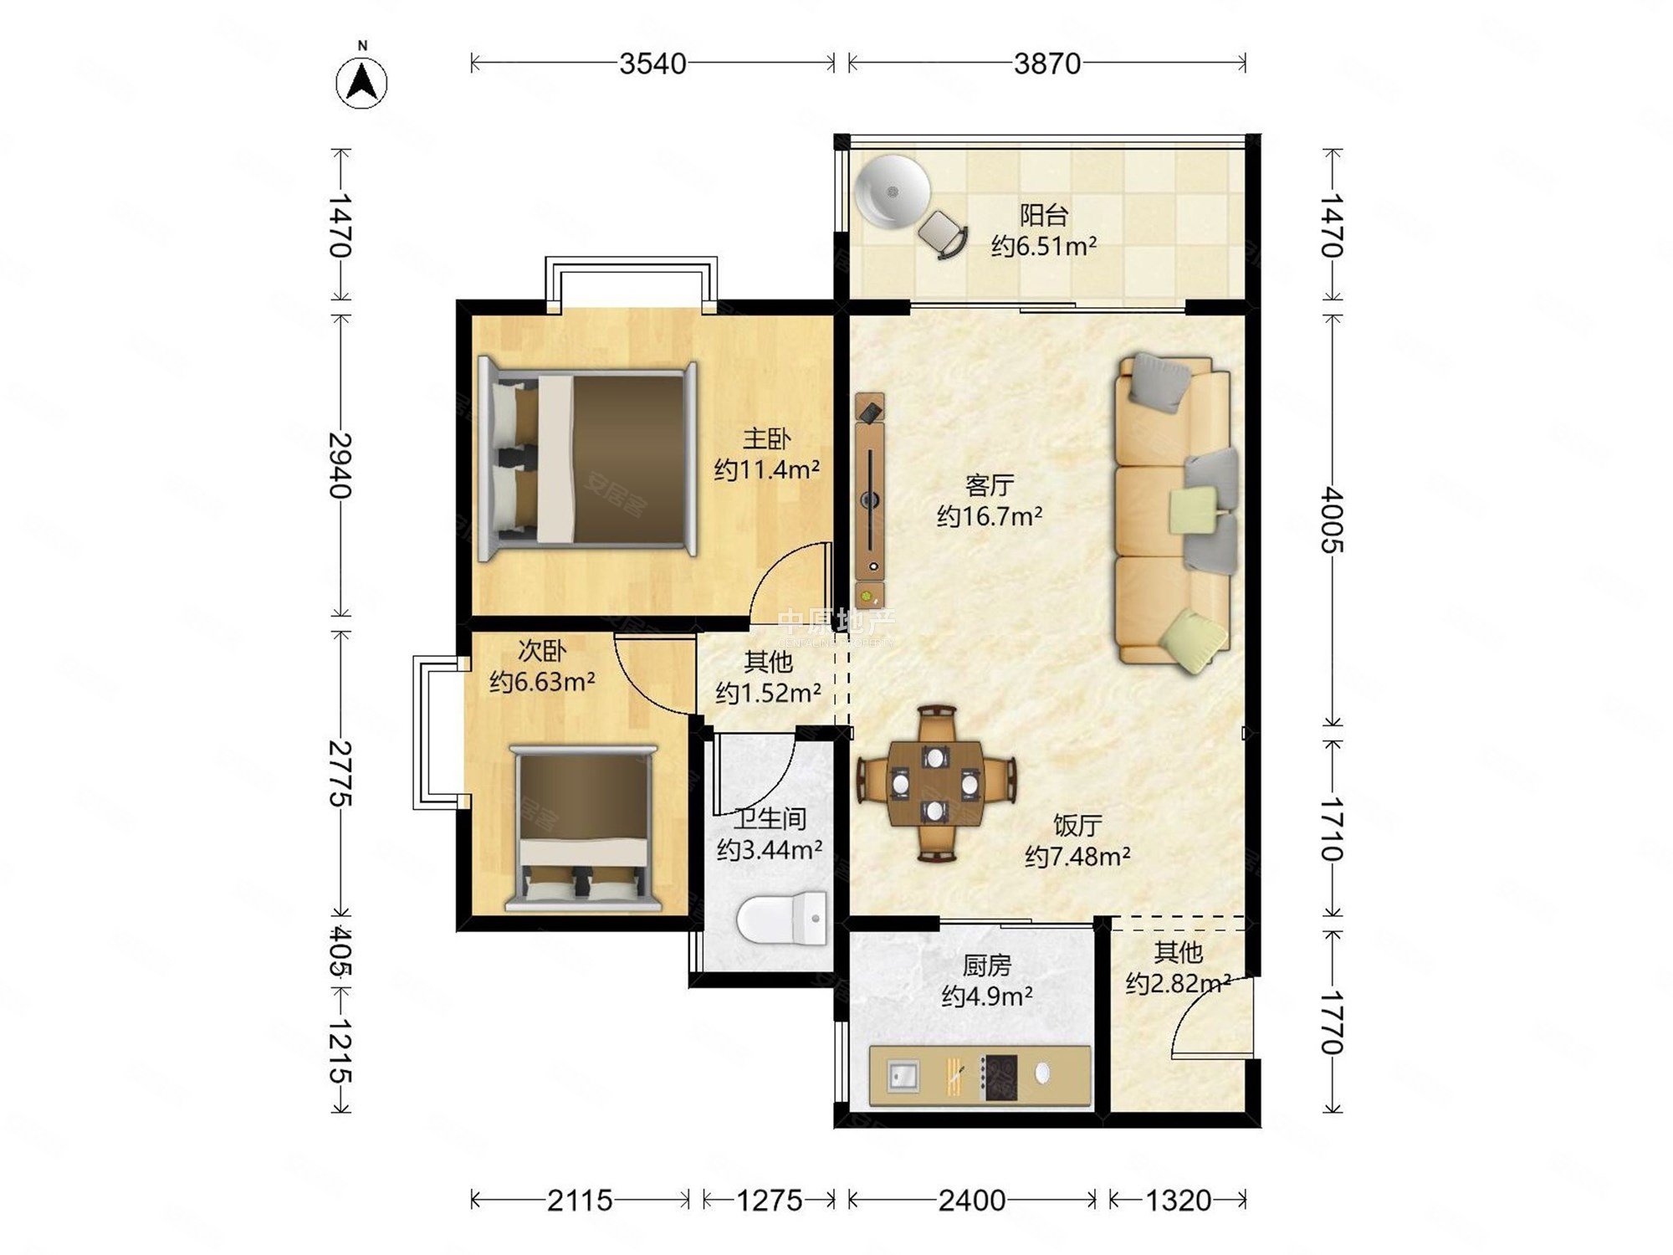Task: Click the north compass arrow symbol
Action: [x=361, y=82]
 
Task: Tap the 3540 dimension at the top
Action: [x=652, y=64]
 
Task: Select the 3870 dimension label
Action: [x=1046, y=64]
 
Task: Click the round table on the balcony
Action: [x=892, y=192]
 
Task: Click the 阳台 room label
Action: [x=1043, y=215]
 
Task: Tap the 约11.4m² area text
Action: [x=766, y=469]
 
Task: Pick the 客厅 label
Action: [x=990, y=484]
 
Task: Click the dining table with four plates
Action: [x=935, y=783]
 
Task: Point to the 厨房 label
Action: [x=986, y=966]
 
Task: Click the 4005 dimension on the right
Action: [x=1333, y=520]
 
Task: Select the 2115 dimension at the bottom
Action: [x=580, y=1201]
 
